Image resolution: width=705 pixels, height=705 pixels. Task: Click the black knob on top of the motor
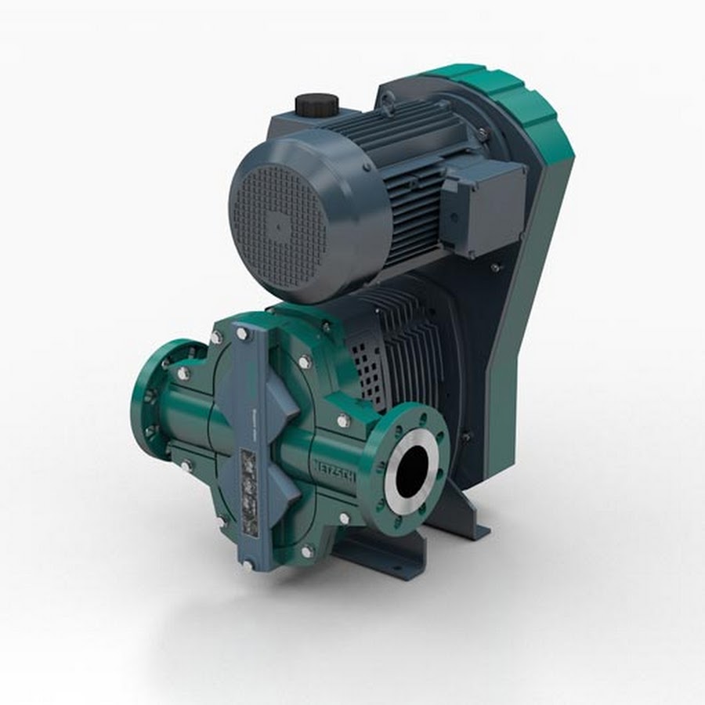[313, 104]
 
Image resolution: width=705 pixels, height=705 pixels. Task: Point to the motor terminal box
[484, 204]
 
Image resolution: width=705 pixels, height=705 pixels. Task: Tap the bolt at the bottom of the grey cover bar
[249, 562]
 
